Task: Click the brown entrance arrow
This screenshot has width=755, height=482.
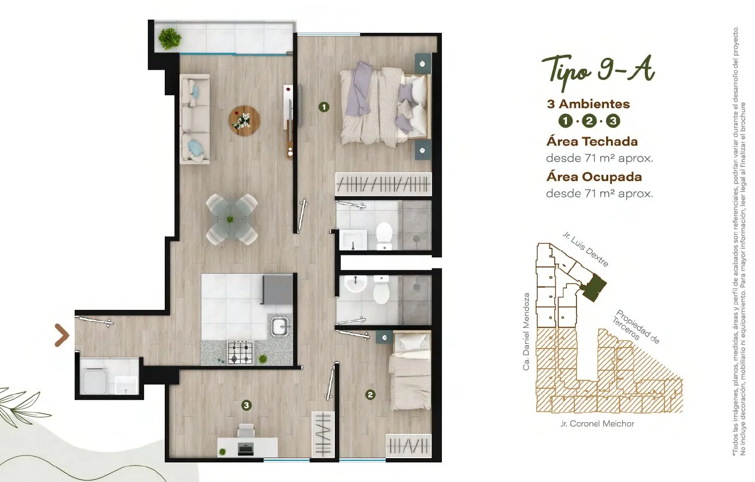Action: pyautogui.click(x=62, y=335)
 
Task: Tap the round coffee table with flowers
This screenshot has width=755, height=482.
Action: pyautogui.click(x=244, y=121)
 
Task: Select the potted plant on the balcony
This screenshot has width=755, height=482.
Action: pyautogui.click(x=170, y=39)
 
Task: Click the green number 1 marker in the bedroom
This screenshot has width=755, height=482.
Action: pyautogui.click(x=324, y=107)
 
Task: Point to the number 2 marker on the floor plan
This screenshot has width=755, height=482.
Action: pyautogui.click(x=370, y=395)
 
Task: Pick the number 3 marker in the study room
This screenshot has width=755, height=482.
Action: pyautogui.click(x=246, y=405)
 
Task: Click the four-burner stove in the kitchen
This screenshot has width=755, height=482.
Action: pyautogui.click(x=240, y=353)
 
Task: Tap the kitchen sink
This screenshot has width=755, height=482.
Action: pyautogui.click(x=280, y=326)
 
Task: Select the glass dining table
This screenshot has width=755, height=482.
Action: pyautogui.click(x=232, y=219)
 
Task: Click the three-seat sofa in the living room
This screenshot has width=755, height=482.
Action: pyautogui.click(x=194, y=119)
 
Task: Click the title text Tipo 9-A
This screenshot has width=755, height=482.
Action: pyautogui.click(x=598, y=72)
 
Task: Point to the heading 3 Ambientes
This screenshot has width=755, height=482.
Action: pyautogui.click(x=589, y=104)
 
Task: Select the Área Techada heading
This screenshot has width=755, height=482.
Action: pyautogui.click(x=592, y=141)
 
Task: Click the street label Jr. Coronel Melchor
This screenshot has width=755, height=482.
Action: pyautogui.click(x=597, y=424)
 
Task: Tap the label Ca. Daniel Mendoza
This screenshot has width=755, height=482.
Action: pyautogui.click(x=526, y=332)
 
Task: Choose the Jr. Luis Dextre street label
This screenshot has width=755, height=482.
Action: pyautogui.click(x=585, y=249)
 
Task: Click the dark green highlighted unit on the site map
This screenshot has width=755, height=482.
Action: pyautogui.click(x=594, y=288)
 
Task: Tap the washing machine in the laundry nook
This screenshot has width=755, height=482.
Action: pyautogui.click(x=95, y=381)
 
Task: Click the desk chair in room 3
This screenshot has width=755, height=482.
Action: pyautogui.click(x=246, y=431)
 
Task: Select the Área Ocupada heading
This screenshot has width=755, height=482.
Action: pyautogui.click(x=594, y=176)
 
